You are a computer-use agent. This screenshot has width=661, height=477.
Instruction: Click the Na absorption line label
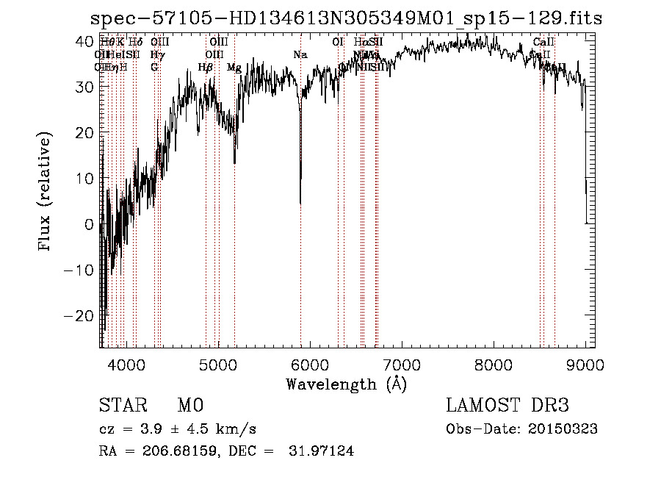coord(300,55)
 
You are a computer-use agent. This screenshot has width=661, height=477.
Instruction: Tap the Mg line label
coord(234,68)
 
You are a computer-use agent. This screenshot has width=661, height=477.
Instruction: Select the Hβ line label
coord(206,68)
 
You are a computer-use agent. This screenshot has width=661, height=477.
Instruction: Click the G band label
coord(154,68)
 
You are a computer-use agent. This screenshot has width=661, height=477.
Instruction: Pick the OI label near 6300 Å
coord(338,43)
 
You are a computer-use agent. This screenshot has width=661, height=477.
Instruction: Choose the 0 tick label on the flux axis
coord(90,224)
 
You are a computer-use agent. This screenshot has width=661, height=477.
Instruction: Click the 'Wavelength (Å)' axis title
coord(346,384)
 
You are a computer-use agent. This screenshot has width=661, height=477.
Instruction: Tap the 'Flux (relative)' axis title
coord(46,193)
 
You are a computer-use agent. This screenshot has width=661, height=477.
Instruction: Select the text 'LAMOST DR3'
coord(508,406)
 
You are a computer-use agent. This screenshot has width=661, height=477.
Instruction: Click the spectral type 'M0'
coord(190,406)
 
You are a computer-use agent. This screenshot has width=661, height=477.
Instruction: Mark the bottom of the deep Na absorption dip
coord(300,203)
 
